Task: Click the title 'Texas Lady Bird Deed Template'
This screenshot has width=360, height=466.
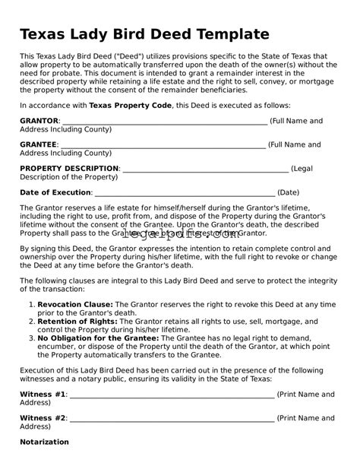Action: pyautogui.click(x=144, y=34)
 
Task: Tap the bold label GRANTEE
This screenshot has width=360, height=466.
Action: pyautogui.click(x=39, y=144)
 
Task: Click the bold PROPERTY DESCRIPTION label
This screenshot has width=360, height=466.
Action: pyautogui.click(x=69, y=168)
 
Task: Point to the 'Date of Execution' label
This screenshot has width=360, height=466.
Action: pyautogui.click(x=55, y=192)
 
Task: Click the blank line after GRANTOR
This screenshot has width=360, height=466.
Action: pyautogui.click(x=163, y=122)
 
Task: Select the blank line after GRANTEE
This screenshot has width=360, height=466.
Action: pyautogui.click(x=163, y=145)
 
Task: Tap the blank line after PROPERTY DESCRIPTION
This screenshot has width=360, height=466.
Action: pyautogui.click(x=205, y=169)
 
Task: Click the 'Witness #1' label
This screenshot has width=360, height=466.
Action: pyautogui.click(x=43, y=395)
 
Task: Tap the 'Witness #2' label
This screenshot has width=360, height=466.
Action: pyautogui.click(x=43, y=418)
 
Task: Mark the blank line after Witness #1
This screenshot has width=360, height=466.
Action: pyautogui.click(x=172, y=395)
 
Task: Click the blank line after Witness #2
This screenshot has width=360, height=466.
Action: pyautogui.click(x=172, y=419)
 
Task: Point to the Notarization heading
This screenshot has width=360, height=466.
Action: pyautogui.click(x=44, y=442)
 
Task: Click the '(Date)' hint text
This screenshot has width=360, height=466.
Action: pyautogui.click(x=289, y=192)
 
